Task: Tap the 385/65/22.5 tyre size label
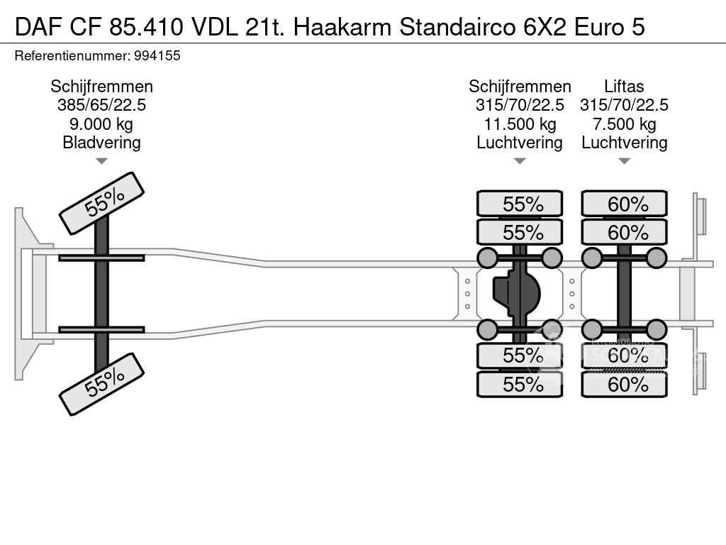(101, 105)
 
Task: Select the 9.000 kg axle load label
(101, 123)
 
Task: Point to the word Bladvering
(101, 142)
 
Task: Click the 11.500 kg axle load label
(520, 123)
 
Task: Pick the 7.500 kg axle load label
(624, 123)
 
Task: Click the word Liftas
(624, 87)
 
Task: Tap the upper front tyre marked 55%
(101, 203)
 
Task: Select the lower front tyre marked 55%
(101, 384)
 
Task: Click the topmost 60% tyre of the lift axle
(625, 204)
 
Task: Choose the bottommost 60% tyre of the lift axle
(625, 385)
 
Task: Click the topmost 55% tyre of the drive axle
(520, 204)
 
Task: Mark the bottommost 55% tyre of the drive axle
(520, 385)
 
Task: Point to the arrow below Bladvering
(101, 161)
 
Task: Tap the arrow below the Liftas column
(624, 161)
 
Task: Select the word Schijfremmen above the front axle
(101, 87)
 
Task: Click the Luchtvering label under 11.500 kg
(520, 142)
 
